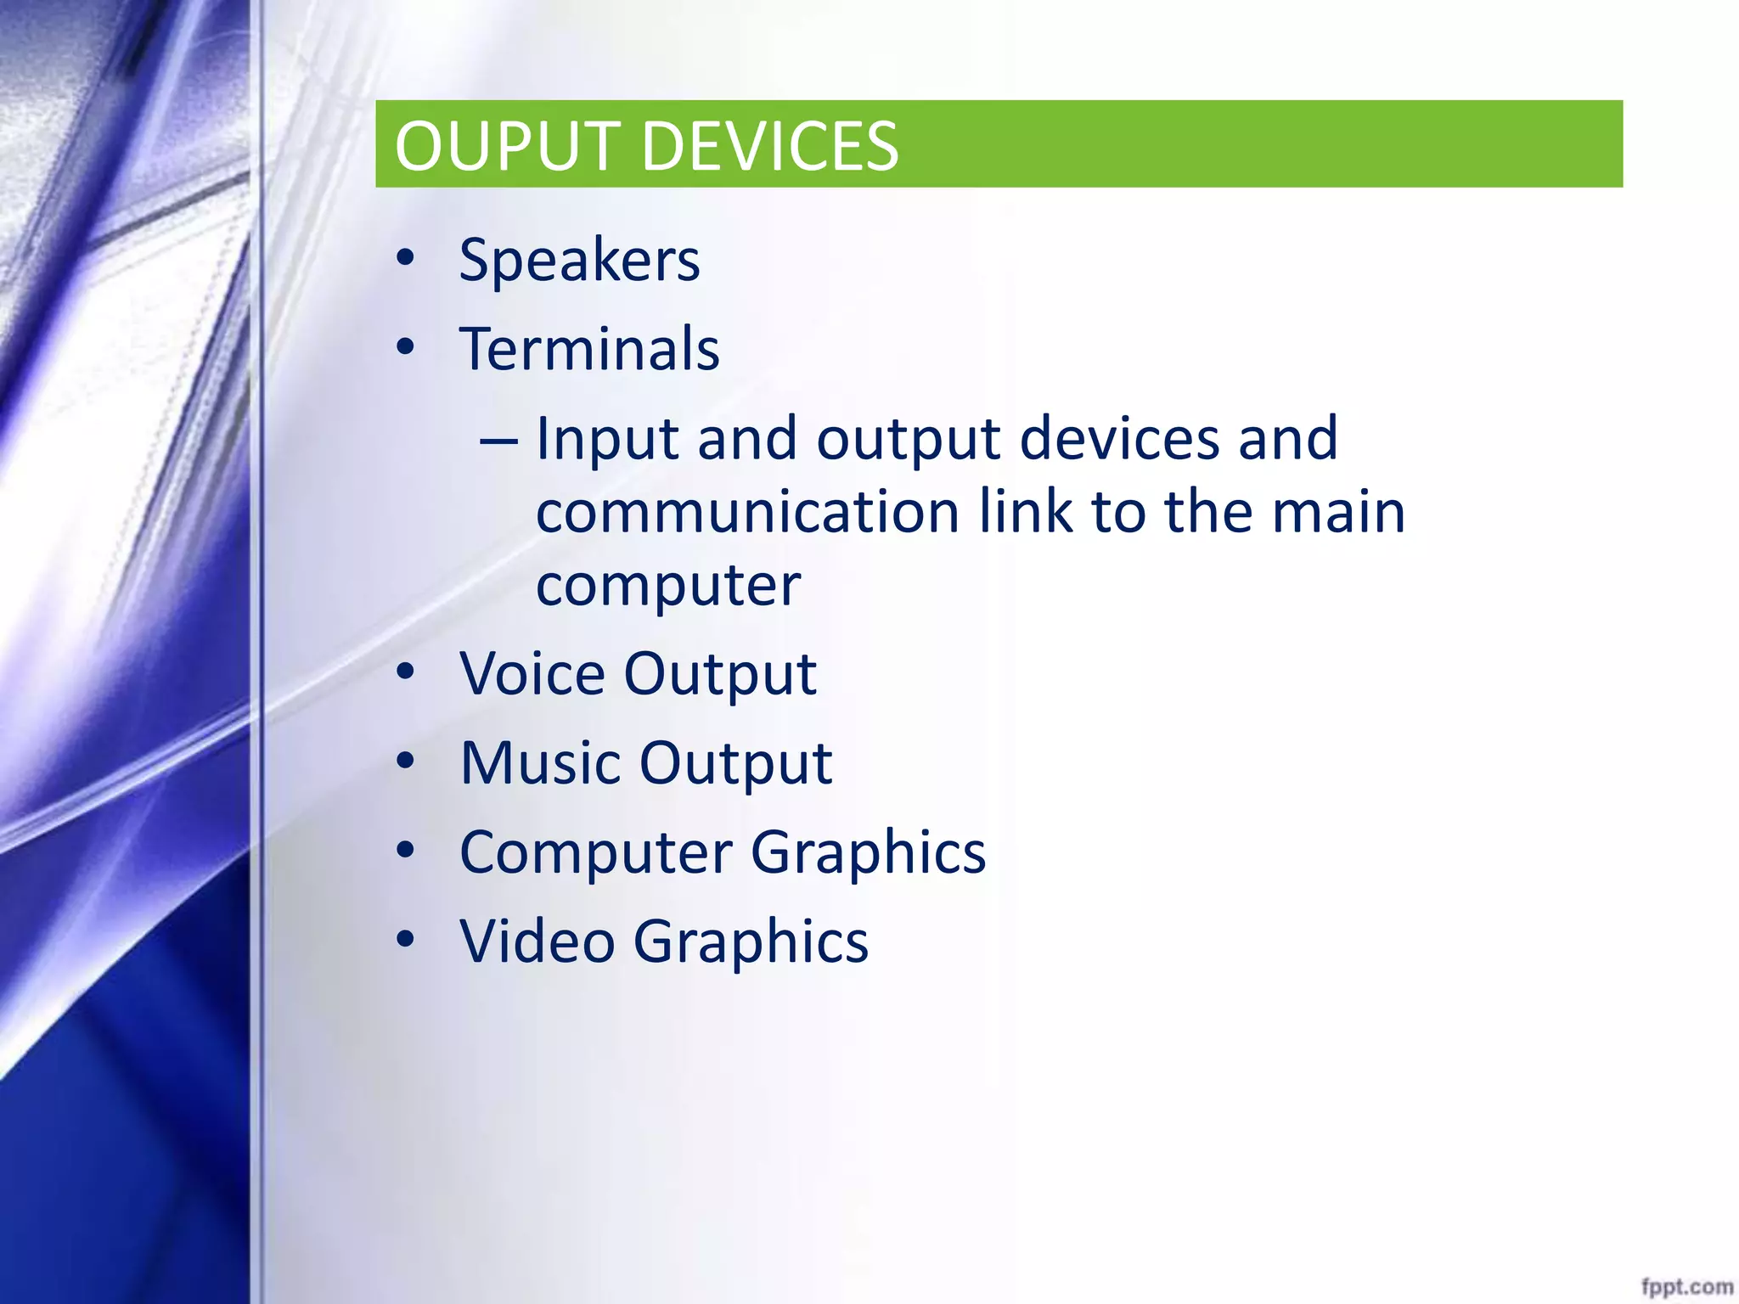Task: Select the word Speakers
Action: [x=579, y=260]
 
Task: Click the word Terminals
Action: [x=589, y=349]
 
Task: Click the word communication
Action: [x=748, y=512]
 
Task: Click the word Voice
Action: [x=532, y=674]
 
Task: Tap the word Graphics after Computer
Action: [x=868, y=853]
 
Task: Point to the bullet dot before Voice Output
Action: [x=405, y=671]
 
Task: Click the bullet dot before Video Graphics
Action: [x=405, y=938]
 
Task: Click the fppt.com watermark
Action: [x=1686, y=1286]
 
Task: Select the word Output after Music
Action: [x=735, y=763]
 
